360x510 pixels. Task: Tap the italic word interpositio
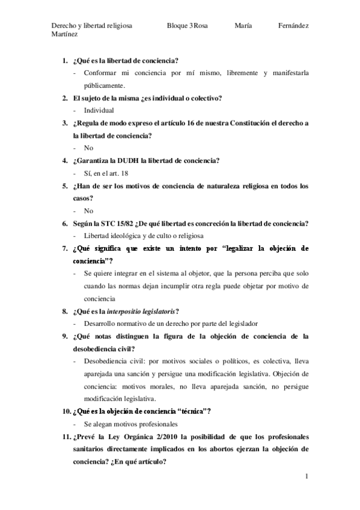click(127, 311)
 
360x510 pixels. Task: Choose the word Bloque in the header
click(178, 26)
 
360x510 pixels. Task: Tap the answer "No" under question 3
click(89, 148)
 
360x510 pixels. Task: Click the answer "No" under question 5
click(89, 210)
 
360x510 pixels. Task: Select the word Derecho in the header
click(66, 26)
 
